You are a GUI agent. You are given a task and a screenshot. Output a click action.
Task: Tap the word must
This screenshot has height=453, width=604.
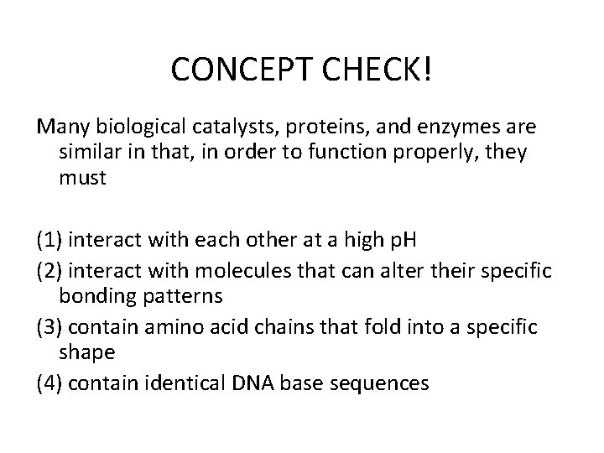(x=82, y=179)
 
